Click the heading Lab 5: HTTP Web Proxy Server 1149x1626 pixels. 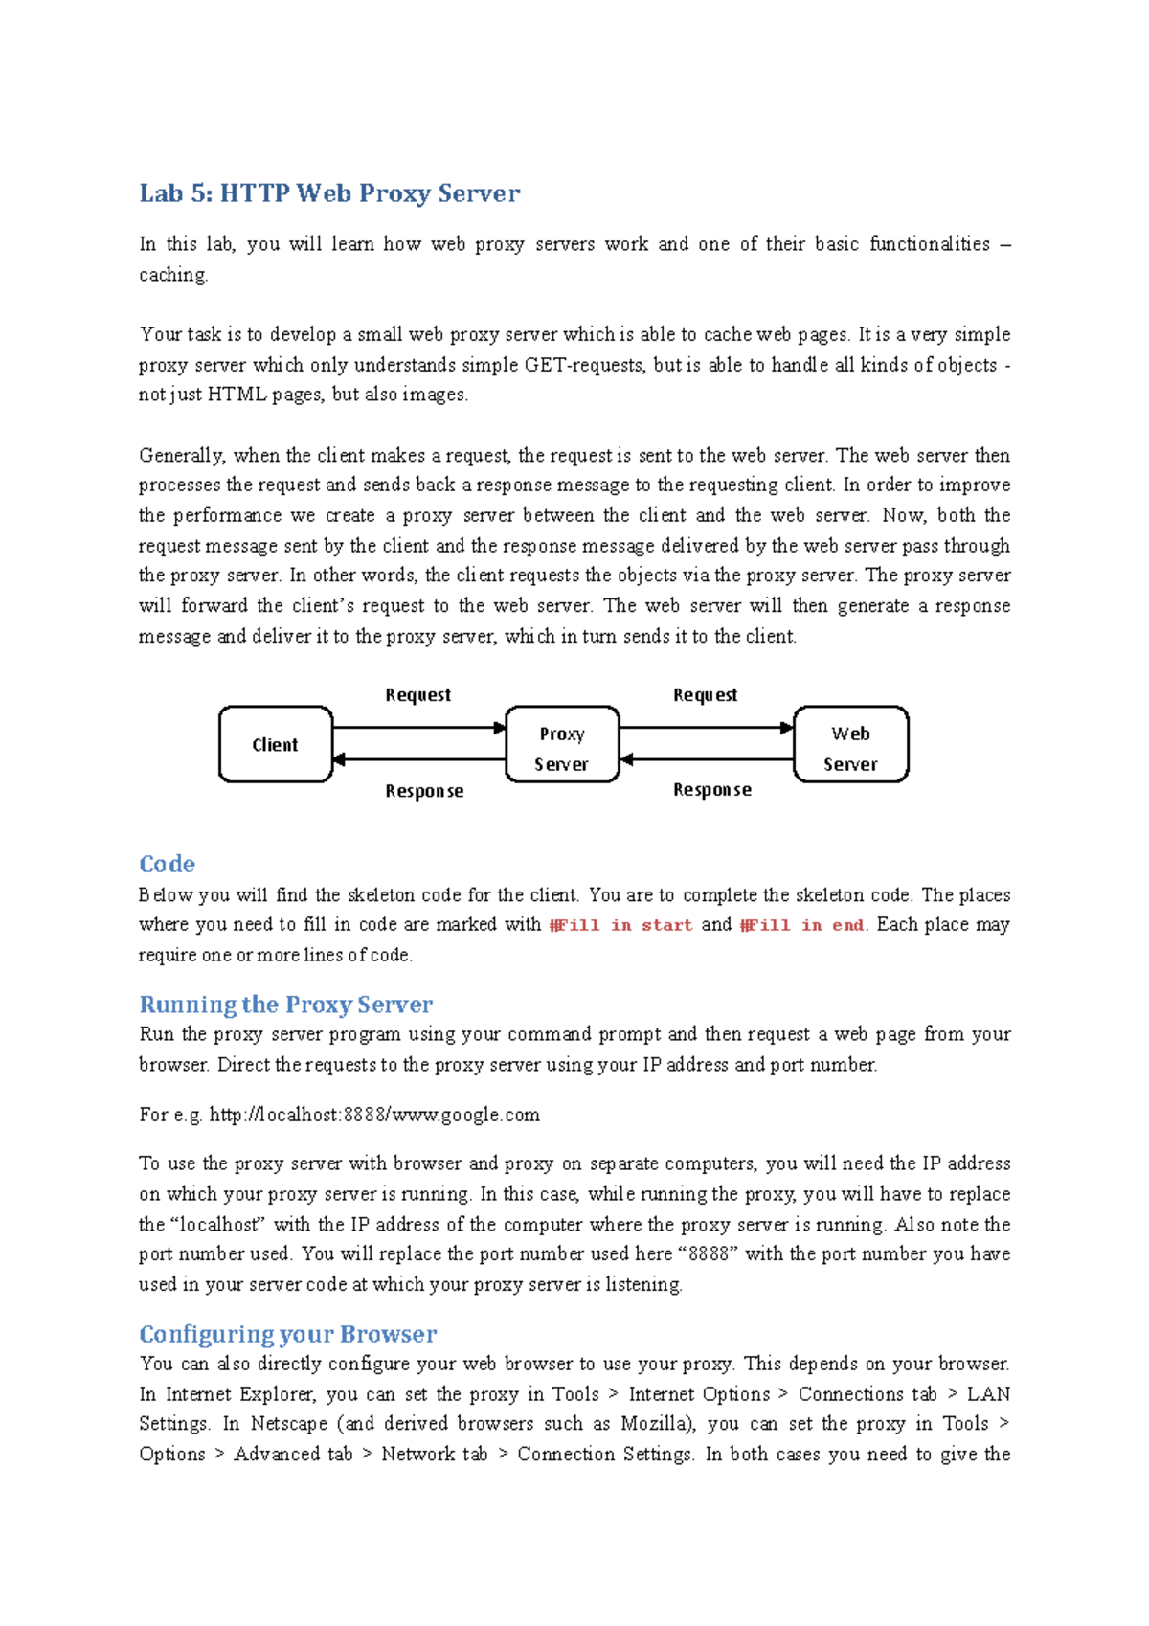click(329, 193)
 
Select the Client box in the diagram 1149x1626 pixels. click(276, 745)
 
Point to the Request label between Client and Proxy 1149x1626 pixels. click(417, 695)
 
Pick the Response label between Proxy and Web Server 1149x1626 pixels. click(711, 790)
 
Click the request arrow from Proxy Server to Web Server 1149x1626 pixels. click(707, 728)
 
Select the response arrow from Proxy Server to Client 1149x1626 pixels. click(418, 760)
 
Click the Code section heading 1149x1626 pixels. click(167, 864)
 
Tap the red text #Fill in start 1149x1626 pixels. click(620, 925)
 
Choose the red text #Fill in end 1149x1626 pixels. click(802, 925)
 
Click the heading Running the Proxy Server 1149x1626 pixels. click(285, 1005)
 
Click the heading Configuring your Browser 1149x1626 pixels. click(287, 1334)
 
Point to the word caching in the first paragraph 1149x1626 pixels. click(172, 275)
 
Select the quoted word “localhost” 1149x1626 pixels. click(218, 1224)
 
